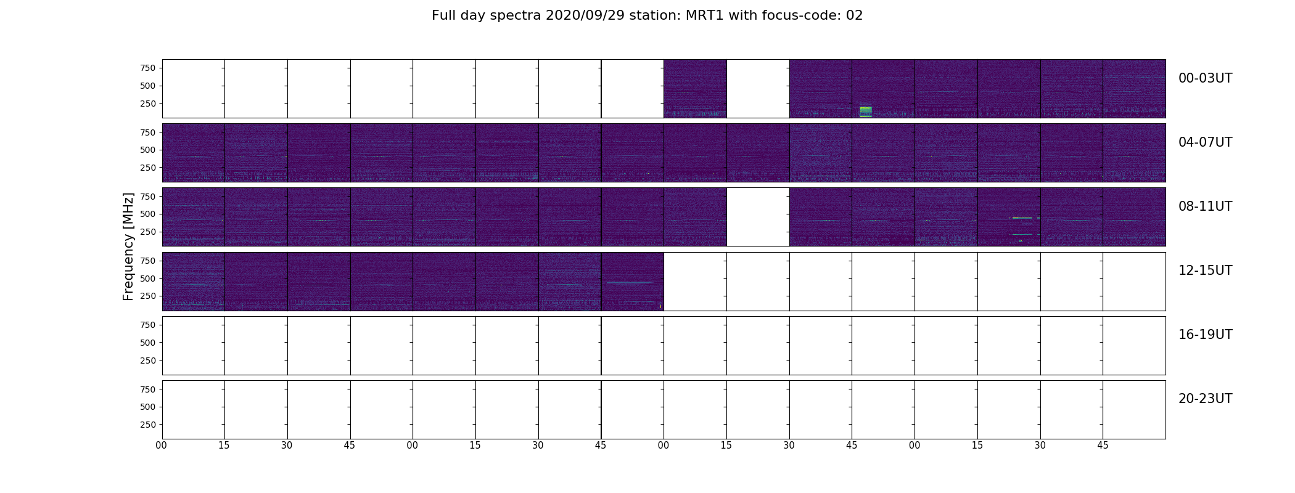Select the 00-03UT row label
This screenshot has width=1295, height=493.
[x=1205, y=78]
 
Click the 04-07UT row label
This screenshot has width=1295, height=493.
[x=1205, y=142]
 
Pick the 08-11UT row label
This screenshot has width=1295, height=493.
[x=1205, y=206]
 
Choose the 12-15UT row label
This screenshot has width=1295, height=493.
[x=1205, y=271]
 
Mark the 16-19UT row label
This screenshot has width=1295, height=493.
[x=1205, y=335]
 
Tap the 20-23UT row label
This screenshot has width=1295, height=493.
[x=1205, y=399]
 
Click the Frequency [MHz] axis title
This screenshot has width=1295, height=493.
[x=128, y=246]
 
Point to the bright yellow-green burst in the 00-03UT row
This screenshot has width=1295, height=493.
[x=866, y=112]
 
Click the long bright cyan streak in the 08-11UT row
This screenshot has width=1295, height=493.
[x=1022, y=218]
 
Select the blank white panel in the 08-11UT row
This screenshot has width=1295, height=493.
[x=758, y=217]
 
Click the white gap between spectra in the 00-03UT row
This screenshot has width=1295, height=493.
[x=758, y=89]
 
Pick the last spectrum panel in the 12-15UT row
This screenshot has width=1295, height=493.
[x=633, y=281]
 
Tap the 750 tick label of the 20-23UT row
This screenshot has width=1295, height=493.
[x=147, y=389]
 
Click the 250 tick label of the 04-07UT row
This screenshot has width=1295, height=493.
[x=147, y=168]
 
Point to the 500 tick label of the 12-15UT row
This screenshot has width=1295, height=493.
[x=147, y=279]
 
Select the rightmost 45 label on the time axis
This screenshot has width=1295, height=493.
[x=1103, y=446]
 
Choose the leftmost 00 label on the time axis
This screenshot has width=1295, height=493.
[x=162, y=446]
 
